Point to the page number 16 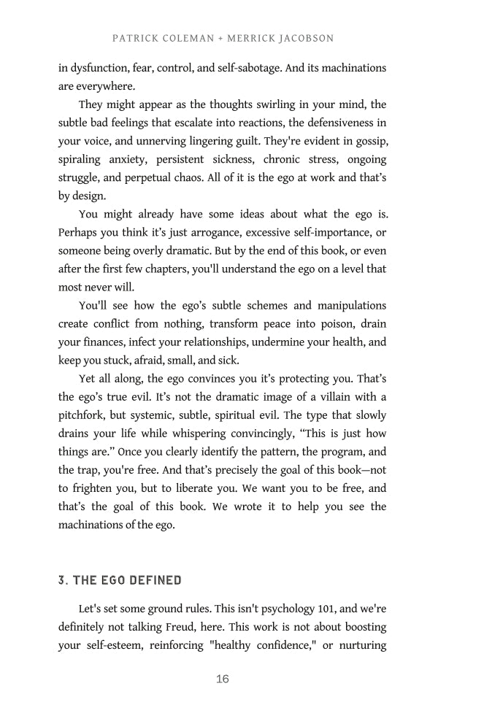point(223,680)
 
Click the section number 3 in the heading point(62,580)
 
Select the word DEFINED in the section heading point(155,580)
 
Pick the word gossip point(369,141)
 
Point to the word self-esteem point(113,645)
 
